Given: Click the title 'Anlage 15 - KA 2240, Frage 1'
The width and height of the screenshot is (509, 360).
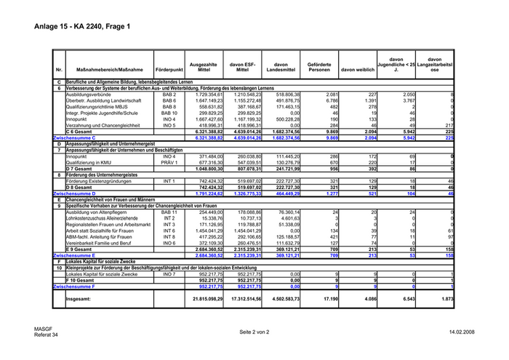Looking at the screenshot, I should tap(81, 28).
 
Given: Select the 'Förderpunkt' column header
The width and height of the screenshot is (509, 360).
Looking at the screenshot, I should tap(169, 69).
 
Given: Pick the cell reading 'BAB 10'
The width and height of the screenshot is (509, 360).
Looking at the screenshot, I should tap(169, 113).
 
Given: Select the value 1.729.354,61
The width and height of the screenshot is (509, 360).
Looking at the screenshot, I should tap(204, 95).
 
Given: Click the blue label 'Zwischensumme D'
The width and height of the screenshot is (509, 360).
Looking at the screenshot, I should tap(74, 194).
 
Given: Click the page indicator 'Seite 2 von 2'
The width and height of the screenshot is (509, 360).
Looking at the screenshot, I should tap(254, 332).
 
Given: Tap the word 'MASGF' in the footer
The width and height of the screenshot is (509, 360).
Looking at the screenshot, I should tap(42, 329).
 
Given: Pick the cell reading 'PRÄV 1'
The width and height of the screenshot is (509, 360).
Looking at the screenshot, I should tap(169, 162).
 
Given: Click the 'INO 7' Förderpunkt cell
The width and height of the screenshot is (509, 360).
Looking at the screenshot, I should tap(169, 274).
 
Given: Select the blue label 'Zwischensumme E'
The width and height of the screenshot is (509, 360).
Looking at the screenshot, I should tap(74, 256).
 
